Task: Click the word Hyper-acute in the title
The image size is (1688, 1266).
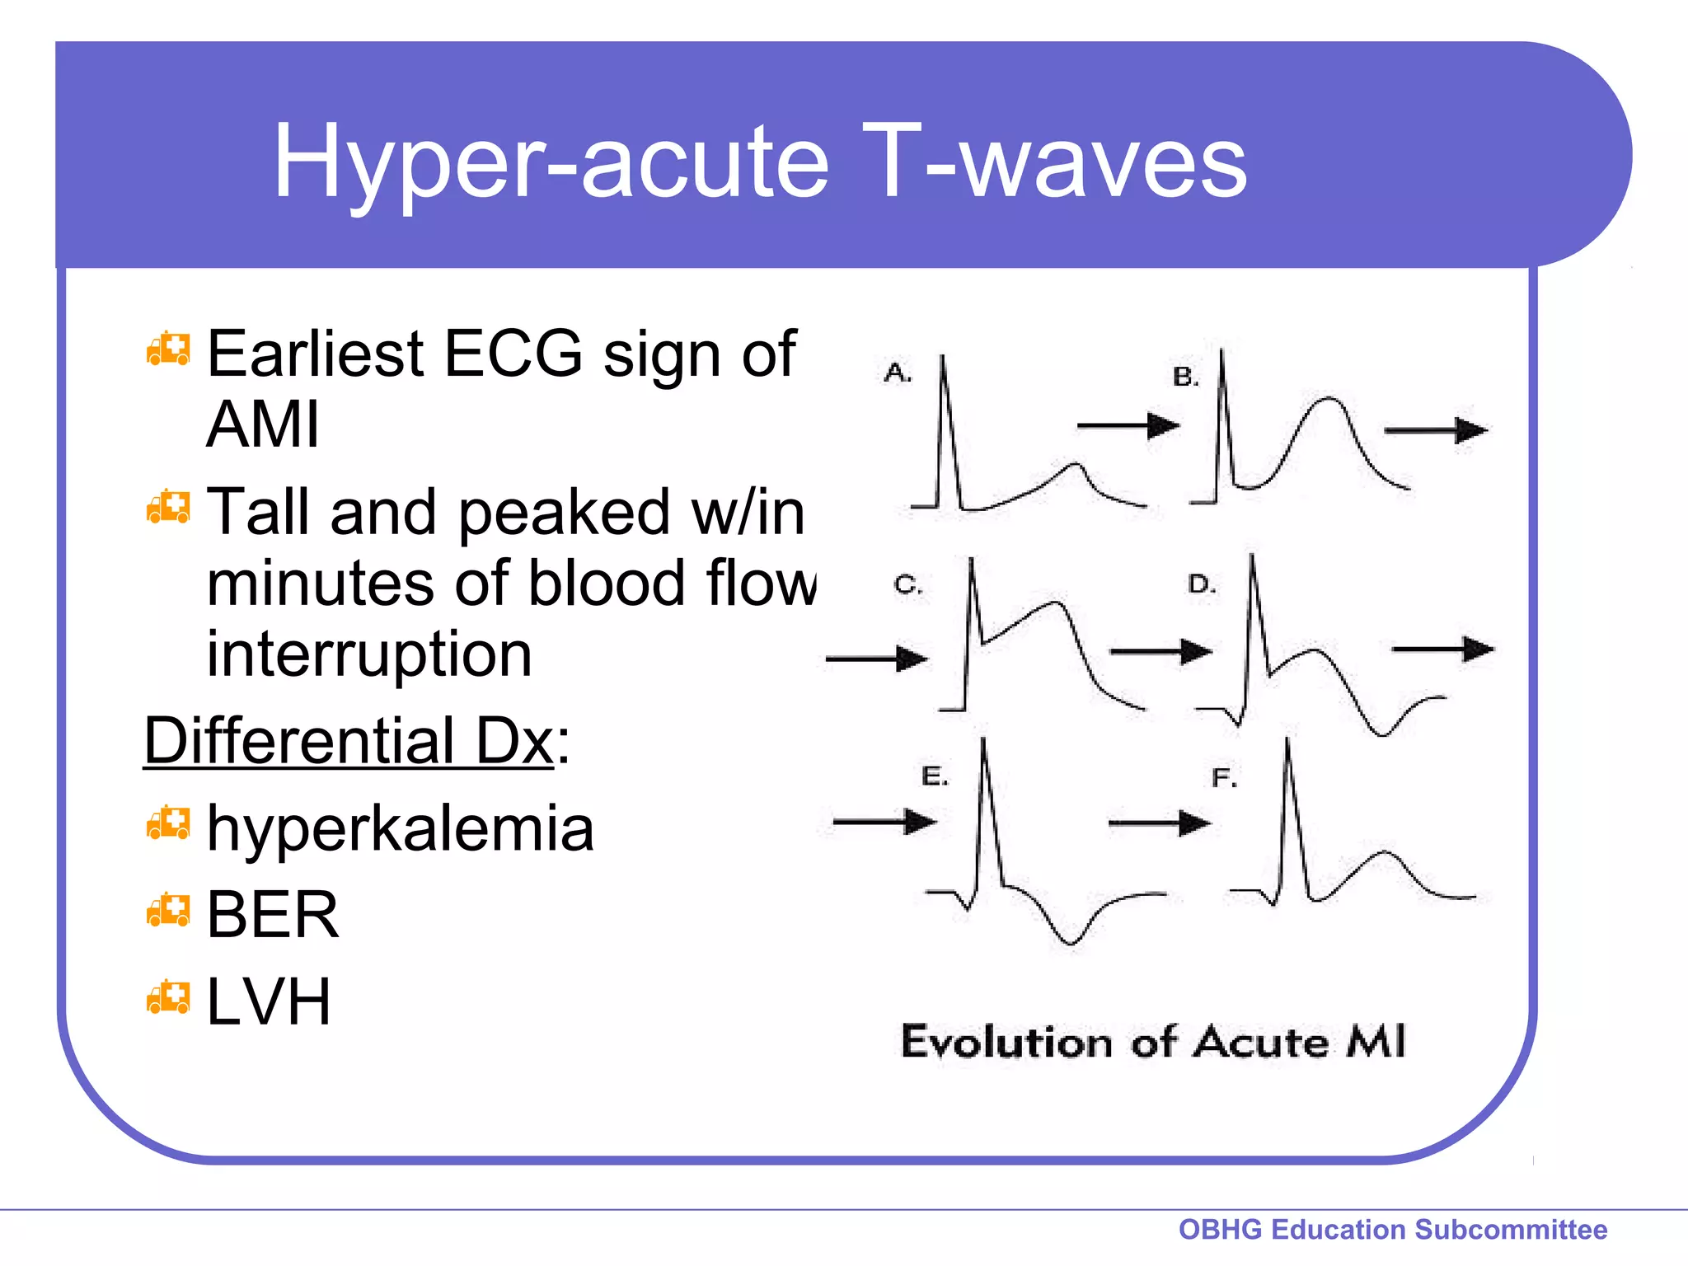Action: [x=551, y=162]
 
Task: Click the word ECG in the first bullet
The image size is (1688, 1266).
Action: [x=513, y=354]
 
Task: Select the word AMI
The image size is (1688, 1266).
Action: [x=262, y=425]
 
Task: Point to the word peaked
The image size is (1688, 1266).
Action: [x=564, y=513]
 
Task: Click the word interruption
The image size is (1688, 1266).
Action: [x=369, y=654]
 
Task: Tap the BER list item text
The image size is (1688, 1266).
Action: [x=272, y=915]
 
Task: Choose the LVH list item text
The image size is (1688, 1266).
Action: [x=269, y=1002]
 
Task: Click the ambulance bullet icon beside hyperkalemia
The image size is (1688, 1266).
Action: [x=168, y=823]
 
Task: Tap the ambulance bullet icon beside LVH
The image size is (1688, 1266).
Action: [x=168, y=997]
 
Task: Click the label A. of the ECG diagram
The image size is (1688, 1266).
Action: [x=898, y=373]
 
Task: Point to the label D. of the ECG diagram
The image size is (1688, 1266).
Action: [x=1202, y=585]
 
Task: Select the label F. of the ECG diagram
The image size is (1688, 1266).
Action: [x=1224, y=778]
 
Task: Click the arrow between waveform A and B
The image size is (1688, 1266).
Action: [x=1128, y=426]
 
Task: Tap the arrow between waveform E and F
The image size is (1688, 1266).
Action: [x=1159, y=823]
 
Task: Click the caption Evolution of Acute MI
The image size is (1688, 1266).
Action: [x=1152, y=1042]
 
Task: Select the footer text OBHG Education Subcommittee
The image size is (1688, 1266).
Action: [x=1393, y=1229]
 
